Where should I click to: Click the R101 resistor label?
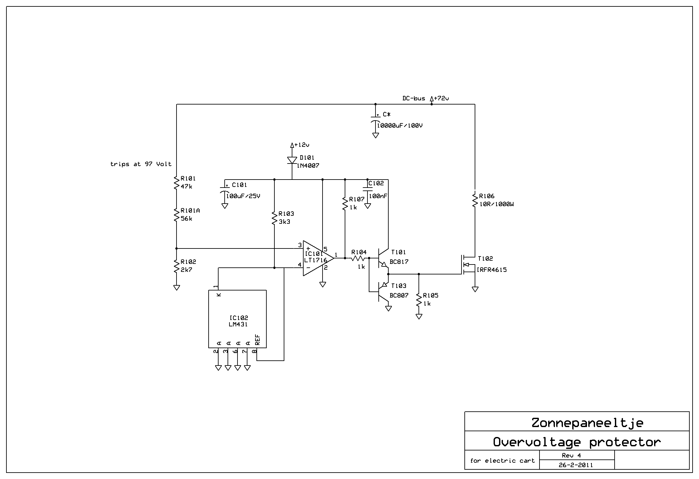click(188, 179)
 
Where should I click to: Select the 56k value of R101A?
click(186, 219)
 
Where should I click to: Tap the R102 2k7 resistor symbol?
click(177, 266)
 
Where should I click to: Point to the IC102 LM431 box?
click(237, 319)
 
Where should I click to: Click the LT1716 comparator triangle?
click(318, 258)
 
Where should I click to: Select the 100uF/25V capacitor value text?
click(243, 196)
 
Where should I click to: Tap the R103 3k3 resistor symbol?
click(274, 218)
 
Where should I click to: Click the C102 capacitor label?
click(376, 183)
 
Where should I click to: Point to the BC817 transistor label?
click(399, 262)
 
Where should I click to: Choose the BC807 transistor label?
click(399, 296)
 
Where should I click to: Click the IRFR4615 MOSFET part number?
click(492, 270)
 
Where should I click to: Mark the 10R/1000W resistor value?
click(496, 204)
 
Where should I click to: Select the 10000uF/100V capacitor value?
click(400, 126)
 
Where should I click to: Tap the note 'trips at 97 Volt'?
click(141, 164)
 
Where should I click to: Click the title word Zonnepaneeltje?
click(587, 423)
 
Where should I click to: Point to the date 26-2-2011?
click(576, 465)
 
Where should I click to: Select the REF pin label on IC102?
click(257, 340)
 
